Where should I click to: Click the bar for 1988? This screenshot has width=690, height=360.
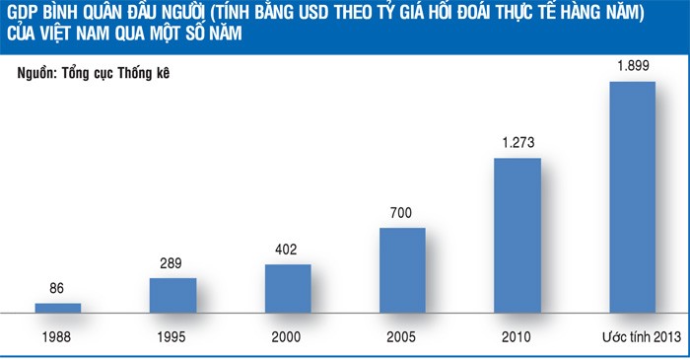[57, 308]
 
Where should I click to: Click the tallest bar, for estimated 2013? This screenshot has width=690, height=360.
[632, 196]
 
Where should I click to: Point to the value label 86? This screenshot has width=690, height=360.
[57, 290]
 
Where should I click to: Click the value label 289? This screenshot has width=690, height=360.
[172, 264]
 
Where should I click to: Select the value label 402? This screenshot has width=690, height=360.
[288, 251]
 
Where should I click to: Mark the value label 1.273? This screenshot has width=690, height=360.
[517, 144]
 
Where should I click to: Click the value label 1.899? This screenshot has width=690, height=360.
[632, 66]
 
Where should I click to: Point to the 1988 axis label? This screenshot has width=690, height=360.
[57, 336]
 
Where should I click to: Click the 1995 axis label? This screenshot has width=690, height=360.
[172, 336]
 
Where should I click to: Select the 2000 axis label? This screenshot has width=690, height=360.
[288, 336]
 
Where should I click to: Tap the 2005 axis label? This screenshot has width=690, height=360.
[402, 336]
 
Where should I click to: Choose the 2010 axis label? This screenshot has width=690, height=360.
[517, 336]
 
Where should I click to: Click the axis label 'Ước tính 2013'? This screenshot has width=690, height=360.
[632, 336]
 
